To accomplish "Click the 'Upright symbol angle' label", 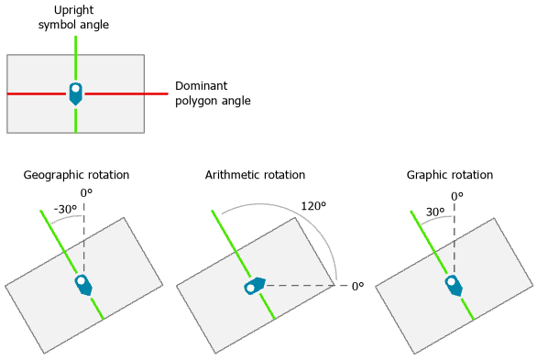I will coord(73,17).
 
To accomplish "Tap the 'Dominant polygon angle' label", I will coord(213,93).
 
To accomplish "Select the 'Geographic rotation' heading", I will coord(76,175).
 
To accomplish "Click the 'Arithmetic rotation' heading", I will coord(255,175).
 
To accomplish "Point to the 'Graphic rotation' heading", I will coord(449,175).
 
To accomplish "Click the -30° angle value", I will coord(64,210).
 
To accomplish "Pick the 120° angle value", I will coord(313,206).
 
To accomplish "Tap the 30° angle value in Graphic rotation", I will coord(434,212).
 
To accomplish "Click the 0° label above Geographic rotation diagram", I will coord(86,193).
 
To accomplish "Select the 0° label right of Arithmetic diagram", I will coord(357,286).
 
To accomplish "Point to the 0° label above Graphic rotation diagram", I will coord(456,196).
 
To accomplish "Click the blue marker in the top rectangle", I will coord(75,93).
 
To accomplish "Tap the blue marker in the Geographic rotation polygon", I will coord(83,284).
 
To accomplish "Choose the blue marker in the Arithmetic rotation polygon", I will coord(254,286).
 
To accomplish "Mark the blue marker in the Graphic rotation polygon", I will coord(454,285).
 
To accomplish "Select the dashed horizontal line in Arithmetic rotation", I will coord(302,287).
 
